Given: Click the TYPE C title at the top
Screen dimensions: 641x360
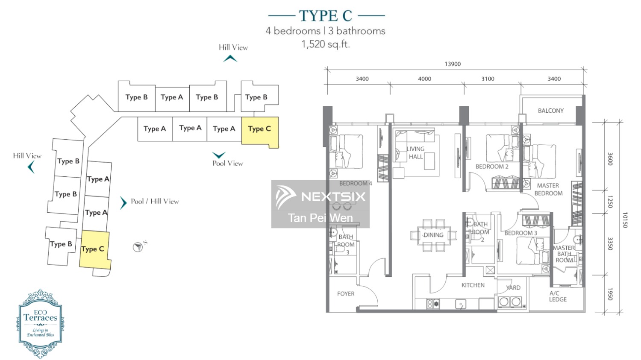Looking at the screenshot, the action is [x=326, y=16].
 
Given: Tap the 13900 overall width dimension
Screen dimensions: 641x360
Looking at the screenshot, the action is [x=453, y=64].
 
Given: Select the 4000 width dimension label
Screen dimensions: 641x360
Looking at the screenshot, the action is [x=424, y=79].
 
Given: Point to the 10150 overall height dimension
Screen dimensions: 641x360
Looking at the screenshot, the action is [x=625, y=220].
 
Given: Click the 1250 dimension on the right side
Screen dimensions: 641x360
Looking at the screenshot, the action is [x=610, y=202].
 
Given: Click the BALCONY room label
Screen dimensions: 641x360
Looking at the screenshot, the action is [x=550, y=111].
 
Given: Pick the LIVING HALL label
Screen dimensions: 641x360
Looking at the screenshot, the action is [x=415, y=153].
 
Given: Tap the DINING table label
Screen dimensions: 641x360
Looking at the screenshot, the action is [x=433, y=235].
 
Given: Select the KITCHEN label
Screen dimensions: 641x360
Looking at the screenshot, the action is [x=473, y=285].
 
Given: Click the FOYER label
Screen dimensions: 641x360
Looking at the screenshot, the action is [x=346, y=294].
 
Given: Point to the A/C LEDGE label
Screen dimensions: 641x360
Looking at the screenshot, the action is [x=558, y=296].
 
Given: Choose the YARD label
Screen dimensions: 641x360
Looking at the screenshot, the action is [x=513, y=288].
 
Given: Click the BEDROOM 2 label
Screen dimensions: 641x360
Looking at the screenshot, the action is [x=492, y=167].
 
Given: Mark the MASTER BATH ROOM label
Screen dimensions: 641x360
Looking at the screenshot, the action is [x=564, y=254].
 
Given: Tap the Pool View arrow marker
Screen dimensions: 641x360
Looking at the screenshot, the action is [x=219, y=155].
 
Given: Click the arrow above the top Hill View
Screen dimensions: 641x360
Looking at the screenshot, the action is [x=230, y=59].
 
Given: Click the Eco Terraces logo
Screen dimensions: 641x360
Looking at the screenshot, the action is [x=40, y=323].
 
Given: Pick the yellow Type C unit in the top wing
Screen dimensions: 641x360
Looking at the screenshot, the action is [x=260, y=132].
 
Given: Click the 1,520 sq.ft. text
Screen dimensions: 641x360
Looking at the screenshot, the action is [x=326, y=44].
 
